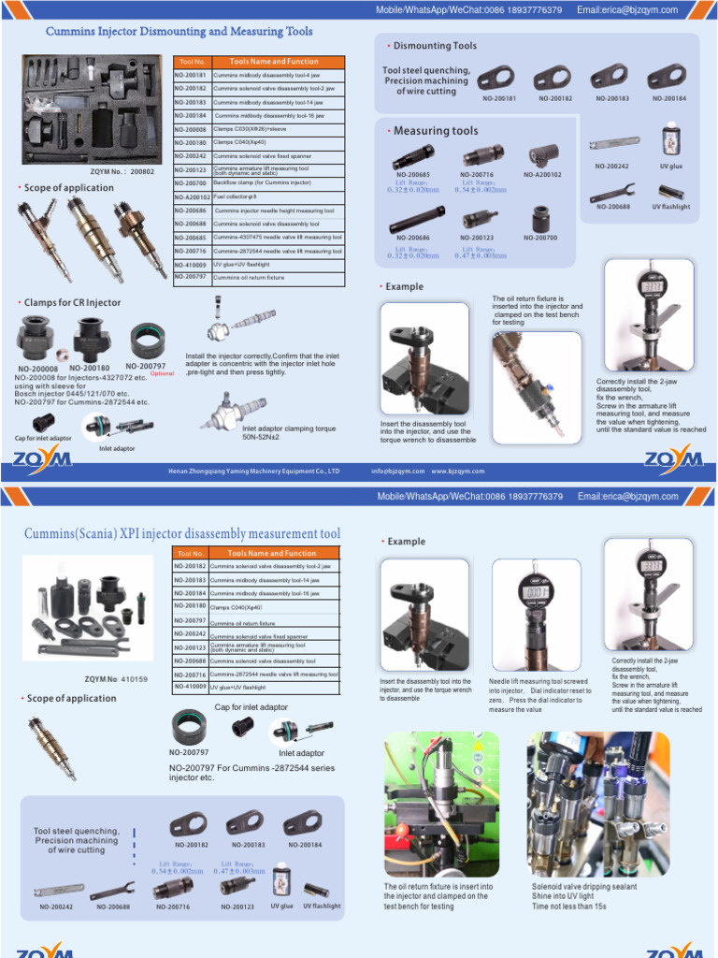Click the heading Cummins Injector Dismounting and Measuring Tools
[x=179, y=32]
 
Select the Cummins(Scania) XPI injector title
[x=182, y=534]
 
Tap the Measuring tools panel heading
[x=435, y=131]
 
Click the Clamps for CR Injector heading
[x=74, y=303]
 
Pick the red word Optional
[x=163, y=373]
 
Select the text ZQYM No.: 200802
[x=122, y=172]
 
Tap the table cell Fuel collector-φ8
[x=235, y=197]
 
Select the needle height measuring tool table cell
[x=275, y=210]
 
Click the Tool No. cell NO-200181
[x=190, y=74]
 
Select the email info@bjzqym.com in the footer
[x=397, y=472]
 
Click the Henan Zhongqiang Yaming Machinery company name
[x=253, y=472]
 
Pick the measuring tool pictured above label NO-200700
[x=540, y=220]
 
